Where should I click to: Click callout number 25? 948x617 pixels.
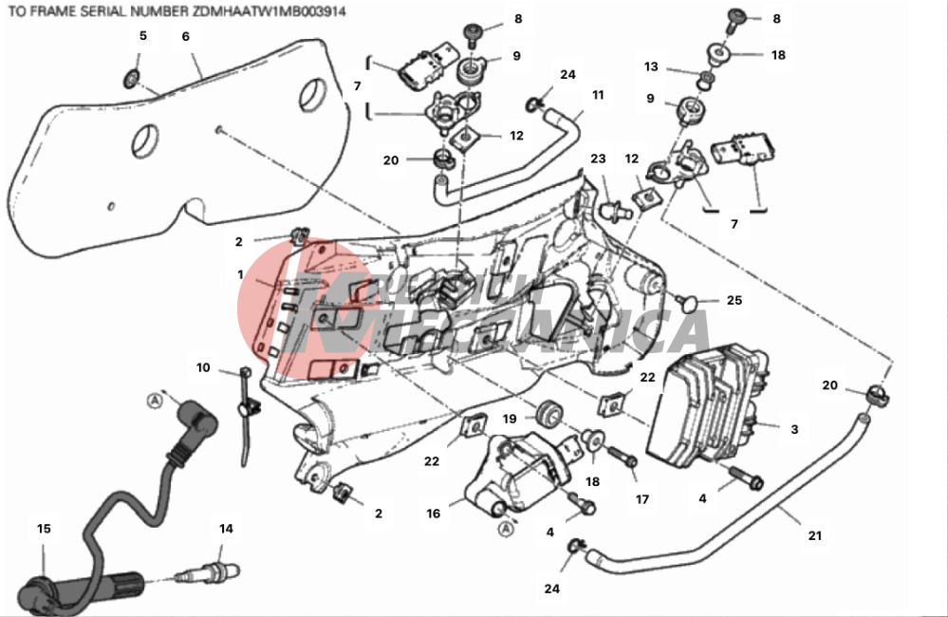click(734, 301)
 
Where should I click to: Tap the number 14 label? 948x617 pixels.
click(226, 529)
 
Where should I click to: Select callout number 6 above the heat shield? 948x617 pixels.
click(186, 36)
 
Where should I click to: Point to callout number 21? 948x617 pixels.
click(814, 536)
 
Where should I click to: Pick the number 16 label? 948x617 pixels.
click(433, 514)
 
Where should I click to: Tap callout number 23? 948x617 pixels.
click(598, 159)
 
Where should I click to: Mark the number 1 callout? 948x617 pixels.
click(241, 274)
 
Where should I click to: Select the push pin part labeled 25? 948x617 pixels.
click(692, 302)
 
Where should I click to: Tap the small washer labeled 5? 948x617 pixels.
click(134, 75)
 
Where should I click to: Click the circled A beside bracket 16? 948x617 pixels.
click(507, 528)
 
